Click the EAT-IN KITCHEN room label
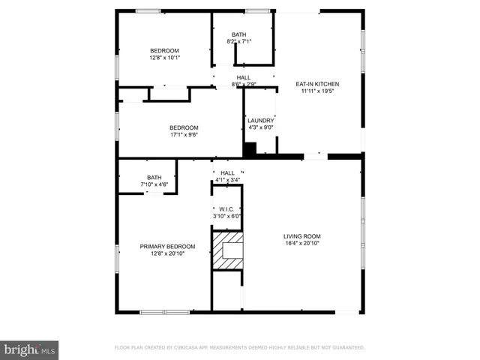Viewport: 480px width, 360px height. tap(316, 84)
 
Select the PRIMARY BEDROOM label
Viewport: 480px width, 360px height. tap(167, 246)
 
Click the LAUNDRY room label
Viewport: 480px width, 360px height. tap(260, 120)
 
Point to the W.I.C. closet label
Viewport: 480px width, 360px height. tap(226, 209)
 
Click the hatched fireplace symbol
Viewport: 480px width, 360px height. tap(228, 250)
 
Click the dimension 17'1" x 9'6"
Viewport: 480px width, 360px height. tap(184, 134)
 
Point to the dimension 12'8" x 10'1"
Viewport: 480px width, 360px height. tap(165, 57)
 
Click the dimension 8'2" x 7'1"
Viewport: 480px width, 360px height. tap(238, 41)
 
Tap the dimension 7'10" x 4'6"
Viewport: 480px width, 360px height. tap(154, 184)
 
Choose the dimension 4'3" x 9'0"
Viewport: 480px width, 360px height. tap(260, 127)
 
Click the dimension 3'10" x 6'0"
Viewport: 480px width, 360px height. tap(226, 216)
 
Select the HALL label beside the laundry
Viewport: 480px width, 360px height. tap(244, 77)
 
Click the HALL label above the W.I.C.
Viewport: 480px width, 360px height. tap(227, 173)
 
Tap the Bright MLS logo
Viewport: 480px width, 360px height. tap(30, 349)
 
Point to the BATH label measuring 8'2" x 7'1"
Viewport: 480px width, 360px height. tap(238, 34)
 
